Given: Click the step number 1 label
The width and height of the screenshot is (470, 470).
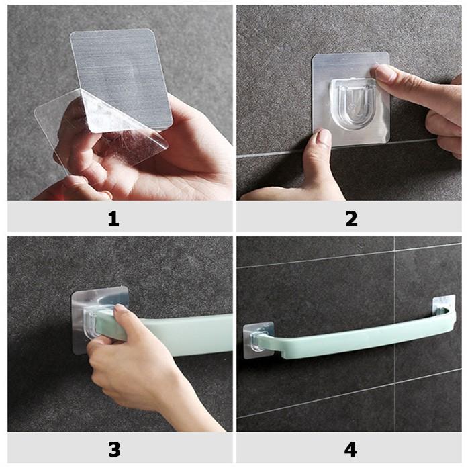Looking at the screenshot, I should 113,218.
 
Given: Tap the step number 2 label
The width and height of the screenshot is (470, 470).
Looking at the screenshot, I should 350,218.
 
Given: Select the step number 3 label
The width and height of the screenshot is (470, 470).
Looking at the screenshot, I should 113,448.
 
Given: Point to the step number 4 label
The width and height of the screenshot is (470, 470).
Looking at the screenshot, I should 350,448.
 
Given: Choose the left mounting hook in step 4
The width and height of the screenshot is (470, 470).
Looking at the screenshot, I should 257,338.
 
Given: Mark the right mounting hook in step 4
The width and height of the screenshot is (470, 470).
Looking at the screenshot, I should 444,306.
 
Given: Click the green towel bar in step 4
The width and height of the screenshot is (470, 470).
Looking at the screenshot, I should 349,338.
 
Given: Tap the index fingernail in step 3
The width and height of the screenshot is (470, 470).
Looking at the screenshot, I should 121,310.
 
